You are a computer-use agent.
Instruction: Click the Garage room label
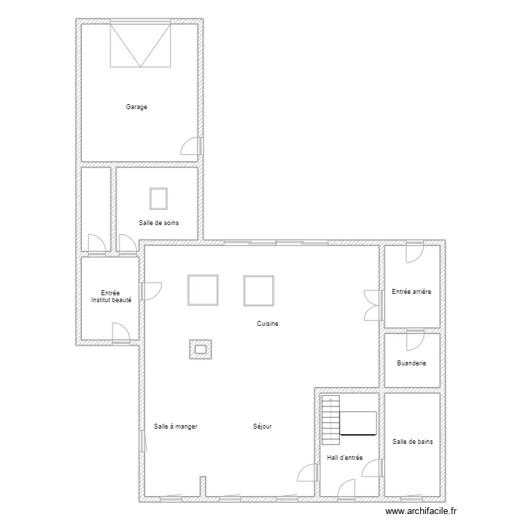tap(136, 107)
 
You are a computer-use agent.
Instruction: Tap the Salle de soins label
tap(159, 222)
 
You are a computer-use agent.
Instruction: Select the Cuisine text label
tap(267, 324)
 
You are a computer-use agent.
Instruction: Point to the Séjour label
tap(263, 426)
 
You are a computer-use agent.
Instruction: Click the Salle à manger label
tap(176, 426)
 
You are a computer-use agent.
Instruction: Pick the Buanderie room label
tap(412, 363)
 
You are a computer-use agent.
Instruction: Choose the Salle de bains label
tap(412, 441)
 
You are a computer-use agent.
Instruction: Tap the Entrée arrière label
tap(411, 292)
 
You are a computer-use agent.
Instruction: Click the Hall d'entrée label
tap(345, 458)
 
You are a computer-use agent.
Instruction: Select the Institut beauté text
tap(111, 300)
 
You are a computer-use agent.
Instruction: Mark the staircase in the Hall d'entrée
tap(331, 420)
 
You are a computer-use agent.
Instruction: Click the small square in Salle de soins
tap(158, 199)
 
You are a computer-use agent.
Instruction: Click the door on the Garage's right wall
tap(192, 146)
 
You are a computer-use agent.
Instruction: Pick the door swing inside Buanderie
tap(414, 340)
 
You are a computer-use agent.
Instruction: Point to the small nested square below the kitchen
tap(201, 349)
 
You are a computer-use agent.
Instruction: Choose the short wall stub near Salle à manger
tap(202, 486)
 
